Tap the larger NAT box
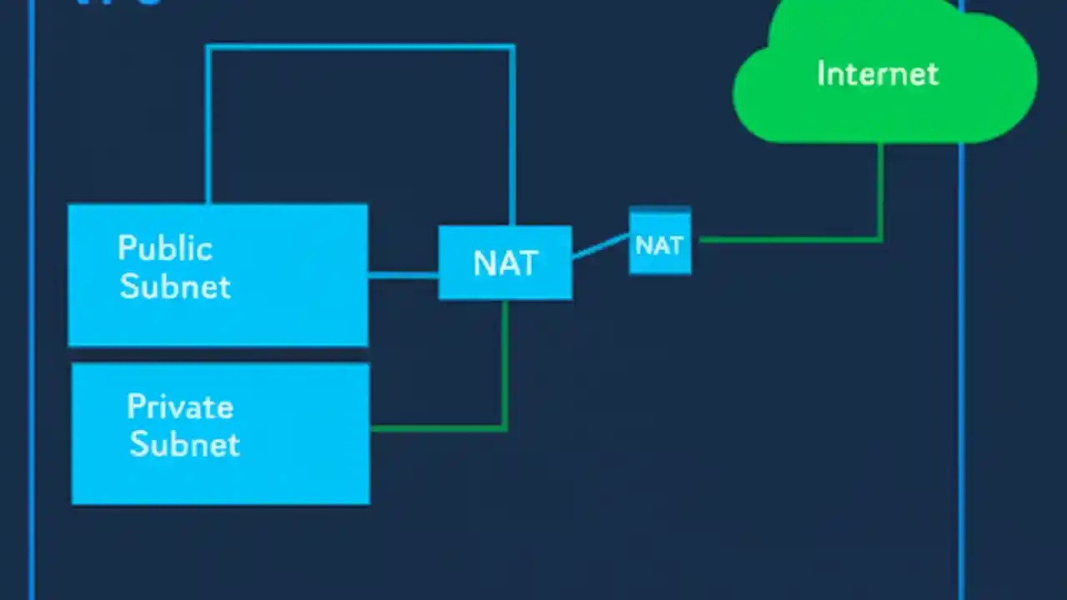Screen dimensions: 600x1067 pyautogui.click(x=505, y=262)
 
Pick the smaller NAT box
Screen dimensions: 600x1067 pyautogui.click(x=659, y=242)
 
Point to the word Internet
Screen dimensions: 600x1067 pyautogui.click(x=877, y=74)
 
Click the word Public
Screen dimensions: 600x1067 pyautogui.click(x=165, y=248)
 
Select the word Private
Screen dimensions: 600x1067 pyautogui.click(x=180, y=407)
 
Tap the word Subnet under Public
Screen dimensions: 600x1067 pyautogui.click(x=175, y=287)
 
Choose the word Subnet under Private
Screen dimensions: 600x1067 pyautogui.click(x=185, y=444)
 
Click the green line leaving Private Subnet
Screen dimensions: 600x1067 pyautogui.click(x=438, y=428)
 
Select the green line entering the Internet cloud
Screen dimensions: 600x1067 pyautogui.click(x=880, y=192)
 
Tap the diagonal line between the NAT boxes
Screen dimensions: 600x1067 pyautogui.click(x=600, y=247)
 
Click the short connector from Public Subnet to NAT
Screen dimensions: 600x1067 pyautogui.click(x=403, y=274)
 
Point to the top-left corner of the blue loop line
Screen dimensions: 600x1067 pyautogui.click(x=208, y=47)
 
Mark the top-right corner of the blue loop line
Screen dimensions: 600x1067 pyautogui.click(x=512, y=47)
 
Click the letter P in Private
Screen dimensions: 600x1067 pyautogui.click(x=135, y=407)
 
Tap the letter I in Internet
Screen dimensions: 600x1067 pyautogui.click(x=820, y=74)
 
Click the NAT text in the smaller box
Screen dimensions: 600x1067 pyautogui.click(x=659, y=245)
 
